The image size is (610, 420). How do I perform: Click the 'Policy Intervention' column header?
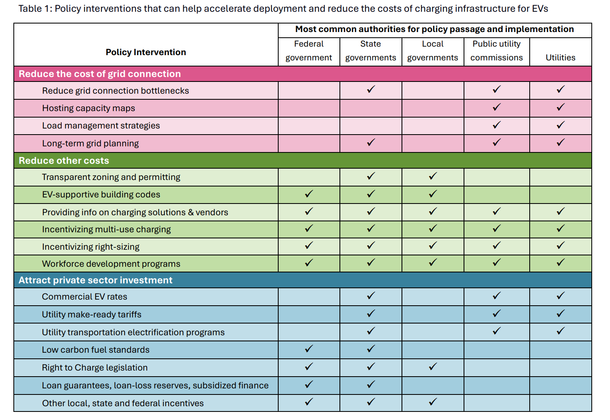[x=146, y=52]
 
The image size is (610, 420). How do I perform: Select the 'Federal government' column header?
[x=309, y=51]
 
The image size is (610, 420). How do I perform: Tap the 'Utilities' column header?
[x=560, y=58]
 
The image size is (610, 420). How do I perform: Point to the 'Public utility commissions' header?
[x=496, y=51]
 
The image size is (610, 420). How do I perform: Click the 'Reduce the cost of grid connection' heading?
[x=100, y=74]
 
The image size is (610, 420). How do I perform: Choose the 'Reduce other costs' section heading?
[x=64, y=161]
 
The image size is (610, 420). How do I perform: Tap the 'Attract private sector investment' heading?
[x=95, y=280]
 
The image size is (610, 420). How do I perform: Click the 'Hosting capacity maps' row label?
[x=88, y=108]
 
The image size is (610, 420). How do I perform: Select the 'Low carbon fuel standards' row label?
[x=96, y=350]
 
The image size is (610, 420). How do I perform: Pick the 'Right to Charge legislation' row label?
[x=95, y=368]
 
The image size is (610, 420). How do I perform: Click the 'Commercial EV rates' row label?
[x=84, y=297]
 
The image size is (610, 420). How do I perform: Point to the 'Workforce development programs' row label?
[x=111, y=264]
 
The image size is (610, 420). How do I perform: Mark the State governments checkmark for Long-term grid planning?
[x=371, y=142]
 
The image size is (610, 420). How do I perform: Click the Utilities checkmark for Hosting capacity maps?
[x=561, y=107]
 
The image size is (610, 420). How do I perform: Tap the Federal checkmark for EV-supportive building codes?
[x=309, y=194]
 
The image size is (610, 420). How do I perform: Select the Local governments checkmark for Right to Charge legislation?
[x=433, y=366]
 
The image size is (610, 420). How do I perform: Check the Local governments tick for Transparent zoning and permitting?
[x=433, y=176]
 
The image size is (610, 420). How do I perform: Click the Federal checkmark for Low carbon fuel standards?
[x=309, y=349]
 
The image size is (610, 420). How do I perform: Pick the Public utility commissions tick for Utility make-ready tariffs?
[x=496, y=313]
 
